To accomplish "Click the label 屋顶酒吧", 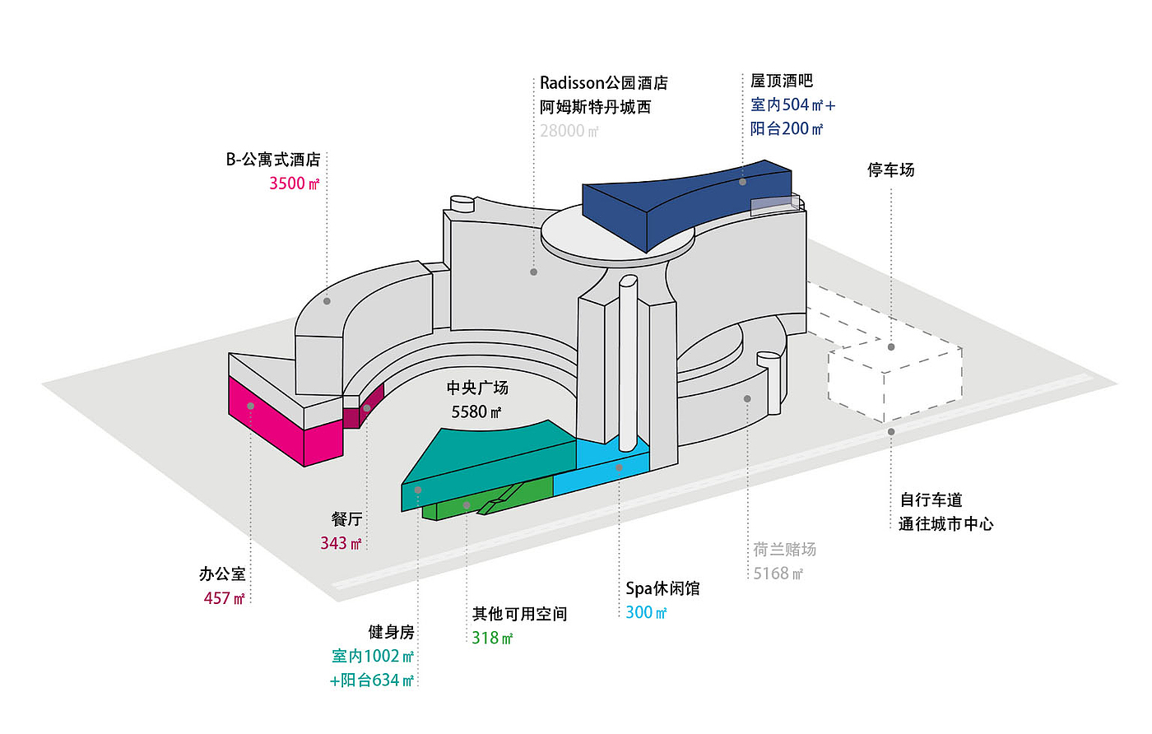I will [x=781, y=81].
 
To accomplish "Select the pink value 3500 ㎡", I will [x=294, y=183].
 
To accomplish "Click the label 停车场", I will [x=890, y=170].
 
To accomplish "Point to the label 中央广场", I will [x=477, y=388].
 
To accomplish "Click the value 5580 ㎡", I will [x=476, y=411].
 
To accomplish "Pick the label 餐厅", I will [x=346, y=519].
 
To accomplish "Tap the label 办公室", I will [x=222, y=574].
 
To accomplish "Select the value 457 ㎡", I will [x=224, y=598].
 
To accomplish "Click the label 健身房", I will [x=391, y=632].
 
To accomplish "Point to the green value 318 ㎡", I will [x=492, y=638].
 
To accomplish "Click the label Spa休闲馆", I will [x=662, y=588].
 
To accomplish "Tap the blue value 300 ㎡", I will [x=646, y=612].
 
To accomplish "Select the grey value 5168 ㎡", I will [x=778, y=574].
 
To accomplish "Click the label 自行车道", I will [x=931, y=500].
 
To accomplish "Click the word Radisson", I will [x=572, y=83].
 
